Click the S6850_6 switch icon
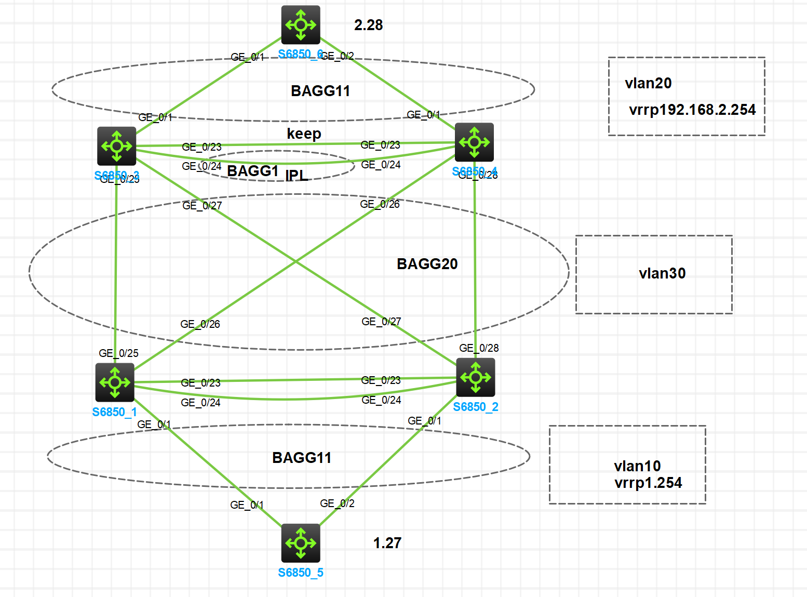click(301, 25)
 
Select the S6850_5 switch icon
click(301, 543)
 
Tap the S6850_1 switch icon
click(115, 382)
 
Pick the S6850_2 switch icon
click(476, 377)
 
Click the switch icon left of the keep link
click(116, 146)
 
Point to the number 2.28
click(368, 25)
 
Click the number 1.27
click(387, 543)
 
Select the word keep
click(304, 134)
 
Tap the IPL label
click(297, 176)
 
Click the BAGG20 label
click(427, 264)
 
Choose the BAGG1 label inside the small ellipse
click(253, 171)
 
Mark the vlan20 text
click(648, 83)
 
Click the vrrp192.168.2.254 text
click(692, 110)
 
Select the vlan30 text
click(662, 273)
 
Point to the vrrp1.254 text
click(648, 483)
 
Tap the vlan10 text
click(637, 466)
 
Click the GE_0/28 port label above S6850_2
click(479, 348)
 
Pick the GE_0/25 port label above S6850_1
click(118, 353)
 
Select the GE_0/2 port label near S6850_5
click(337, 503)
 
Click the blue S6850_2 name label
click(475, 407)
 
